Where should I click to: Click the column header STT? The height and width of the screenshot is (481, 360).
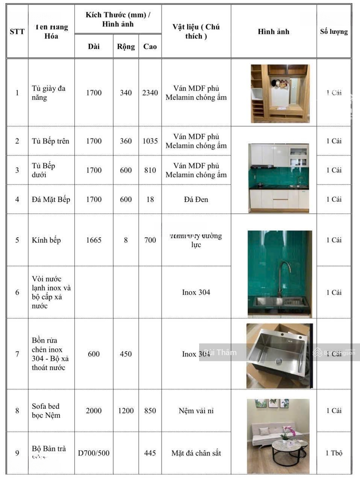17,32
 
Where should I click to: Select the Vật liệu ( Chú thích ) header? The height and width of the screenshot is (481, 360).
196,32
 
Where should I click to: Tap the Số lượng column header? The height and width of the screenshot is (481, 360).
334,32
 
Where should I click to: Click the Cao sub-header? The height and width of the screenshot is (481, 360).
150,46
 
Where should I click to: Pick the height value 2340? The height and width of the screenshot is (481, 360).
150,93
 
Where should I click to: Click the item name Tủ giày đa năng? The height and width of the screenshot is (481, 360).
49,93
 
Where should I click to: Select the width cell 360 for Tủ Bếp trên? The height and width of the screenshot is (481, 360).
126,141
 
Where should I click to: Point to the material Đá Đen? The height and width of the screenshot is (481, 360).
196,199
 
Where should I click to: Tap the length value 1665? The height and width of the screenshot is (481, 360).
94,240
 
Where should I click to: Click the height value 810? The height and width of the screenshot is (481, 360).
150,170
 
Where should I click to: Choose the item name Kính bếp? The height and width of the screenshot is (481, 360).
46,240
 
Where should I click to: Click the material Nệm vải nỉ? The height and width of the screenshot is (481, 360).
196,411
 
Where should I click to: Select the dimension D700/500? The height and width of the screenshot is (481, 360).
94,453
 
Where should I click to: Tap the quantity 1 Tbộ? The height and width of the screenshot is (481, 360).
334,453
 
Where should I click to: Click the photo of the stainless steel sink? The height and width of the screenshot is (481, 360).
279,355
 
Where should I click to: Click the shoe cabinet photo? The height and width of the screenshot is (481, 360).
280,94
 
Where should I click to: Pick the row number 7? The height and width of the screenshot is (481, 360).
17,354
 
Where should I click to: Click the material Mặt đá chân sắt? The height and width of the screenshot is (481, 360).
196,453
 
